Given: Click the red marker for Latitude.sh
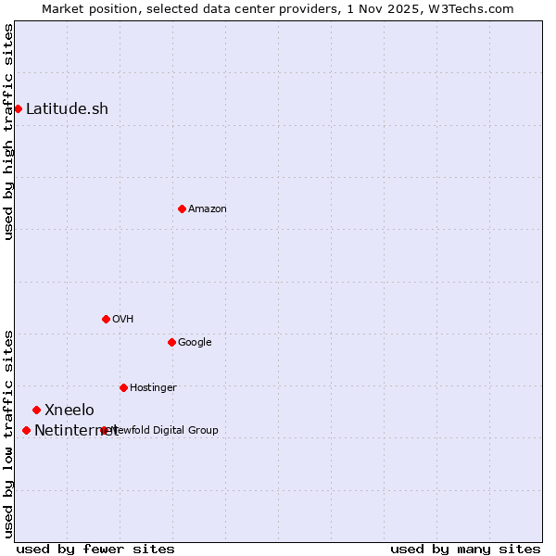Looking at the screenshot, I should pos(18,108).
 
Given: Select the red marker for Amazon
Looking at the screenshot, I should pos(182,208).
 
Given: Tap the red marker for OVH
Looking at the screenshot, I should pos(106,319).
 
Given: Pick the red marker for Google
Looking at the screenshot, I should pos(171,342).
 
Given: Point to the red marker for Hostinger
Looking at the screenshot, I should pos(123,387).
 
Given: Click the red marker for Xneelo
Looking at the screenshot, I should pos(36,410).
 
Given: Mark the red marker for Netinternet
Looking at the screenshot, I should pos(26,430).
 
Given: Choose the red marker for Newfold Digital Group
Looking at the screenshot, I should pos(104,430).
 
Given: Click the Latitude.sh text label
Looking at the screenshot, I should pos(67,108).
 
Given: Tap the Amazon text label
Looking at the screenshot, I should pos(208,208).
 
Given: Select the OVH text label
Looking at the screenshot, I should pos(123,319).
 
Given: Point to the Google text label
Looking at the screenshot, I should pos(195,342).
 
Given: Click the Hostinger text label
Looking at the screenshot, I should pos(153,387).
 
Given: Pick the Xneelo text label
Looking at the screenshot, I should pos(69,410).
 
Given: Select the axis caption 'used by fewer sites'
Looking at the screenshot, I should pos(95,549).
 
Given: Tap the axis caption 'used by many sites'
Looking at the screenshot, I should pos(465,549).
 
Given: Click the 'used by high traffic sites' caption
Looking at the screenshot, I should pos(8,132).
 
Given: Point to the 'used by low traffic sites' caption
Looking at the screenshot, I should pos(8,434).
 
